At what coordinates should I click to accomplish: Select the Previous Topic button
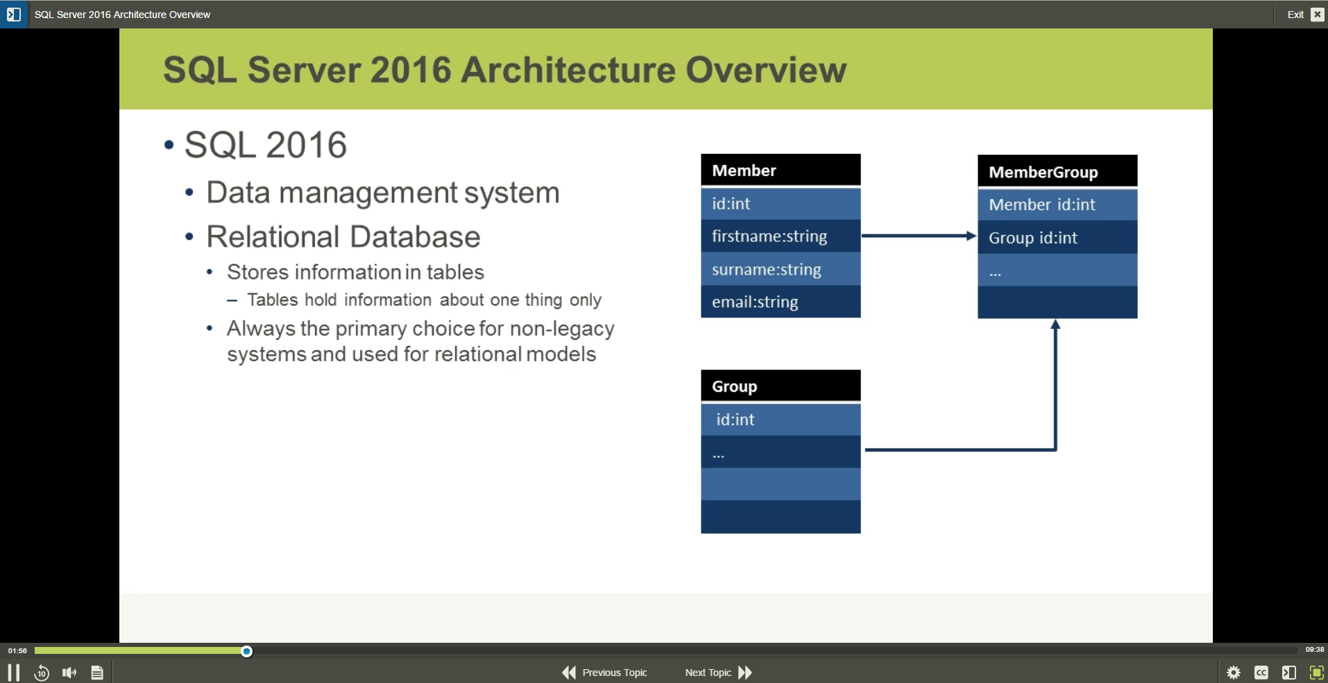(604, 673)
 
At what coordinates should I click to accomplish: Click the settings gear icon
(1234, 673)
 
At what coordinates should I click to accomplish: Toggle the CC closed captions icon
(1261, 673)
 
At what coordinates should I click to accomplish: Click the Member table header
(781, 171)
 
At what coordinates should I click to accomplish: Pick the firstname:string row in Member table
(781, 236)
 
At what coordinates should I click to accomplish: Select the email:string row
(781, 302)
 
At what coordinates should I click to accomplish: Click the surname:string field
(781, 270)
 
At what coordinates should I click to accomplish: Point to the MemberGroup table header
(1057, 172)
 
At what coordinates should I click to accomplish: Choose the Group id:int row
(1057, 238)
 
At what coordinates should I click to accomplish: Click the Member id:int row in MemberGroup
(1057, 205)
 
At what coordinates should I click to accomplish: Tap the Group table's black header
(781, 386)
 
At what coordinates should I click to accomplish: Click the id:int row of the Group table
(781, 420)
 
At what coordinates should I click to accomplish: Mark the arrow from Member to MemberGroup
(919, 236)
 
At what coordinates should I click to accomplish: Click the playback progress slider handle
(246, 651)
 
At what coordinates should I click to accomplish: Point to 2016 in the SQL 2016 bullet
(306, 145)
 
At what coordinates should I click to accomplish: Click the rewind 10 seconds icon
(42, 673)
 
